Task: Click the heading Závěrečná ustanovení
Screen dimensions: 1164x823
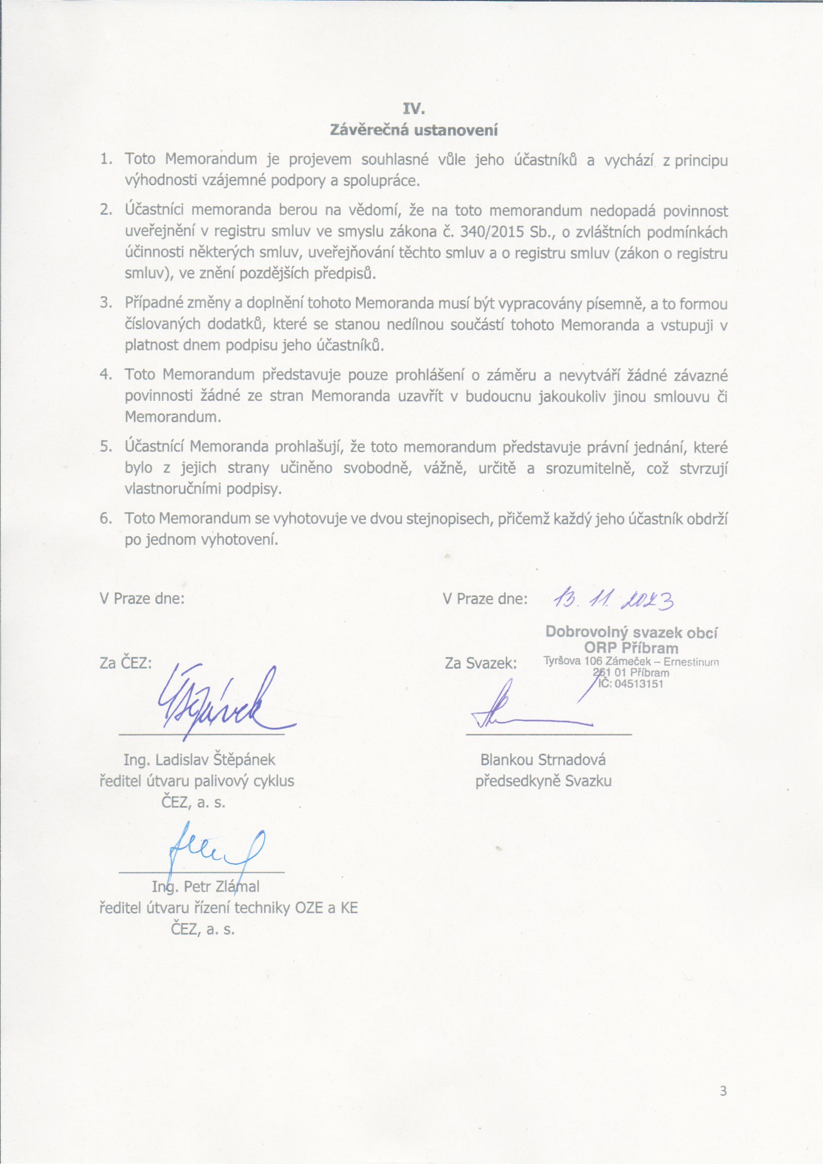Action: (414, 130)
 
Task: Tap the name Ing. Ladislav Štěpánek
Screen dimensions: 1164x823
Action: (199, 759)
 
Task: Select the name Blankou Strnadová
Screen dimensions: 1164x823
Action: (543, 759)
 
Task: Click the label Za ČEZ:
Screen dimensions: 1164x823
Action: (126, 663)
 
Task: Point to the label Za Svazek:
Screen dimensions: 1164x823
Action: (480, 663)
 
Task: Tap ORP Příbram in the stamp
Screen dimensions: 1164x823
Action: (631, 647)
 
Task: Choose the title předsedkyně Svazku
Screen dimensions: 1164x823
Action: (543, 781)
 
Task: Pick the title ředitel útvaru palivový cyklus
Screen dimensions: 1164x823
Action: (197, 781)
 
